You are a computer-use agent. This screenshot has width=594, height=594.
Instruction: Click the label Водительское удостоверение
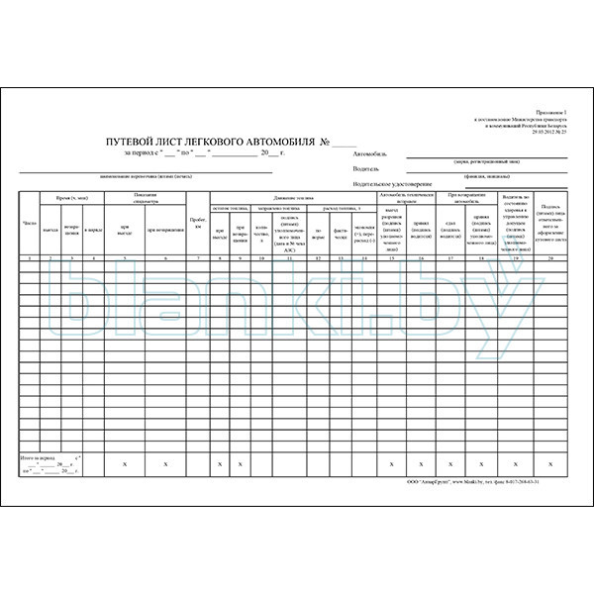click(x=393, y=183)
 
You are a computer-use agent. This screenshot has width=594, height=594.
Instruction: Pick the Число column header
click(x=29, y=224)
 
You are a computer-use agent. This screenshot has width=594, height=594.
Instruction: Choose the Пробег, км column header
click(x=197, y=223)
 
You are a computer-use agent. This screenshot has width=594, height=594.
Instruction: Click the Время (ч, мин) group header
click(x=66, y=198)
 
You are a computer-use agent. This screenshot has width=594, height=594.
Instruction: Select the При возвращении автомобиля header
click(x=465, y=197)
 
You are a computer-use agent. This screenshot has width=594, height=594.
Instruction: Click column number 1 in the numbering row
click(x=29, y=257)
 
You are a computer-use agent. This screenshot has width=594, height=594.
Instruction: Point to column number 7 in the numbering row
click(x=197, y=257)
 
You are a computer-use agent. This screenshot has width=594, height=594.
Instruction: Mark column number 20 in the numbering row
click(x=549, y=257)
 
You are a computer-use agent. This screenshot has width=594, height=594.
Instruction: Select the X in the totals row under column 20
click(x=549, y=463)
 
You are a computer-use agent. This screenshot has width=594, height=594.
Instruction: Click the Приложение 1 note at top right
click(x=550, y=115)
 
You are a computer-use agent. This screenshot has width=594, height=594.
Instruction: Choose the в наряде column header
click(x=93, y=230)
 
